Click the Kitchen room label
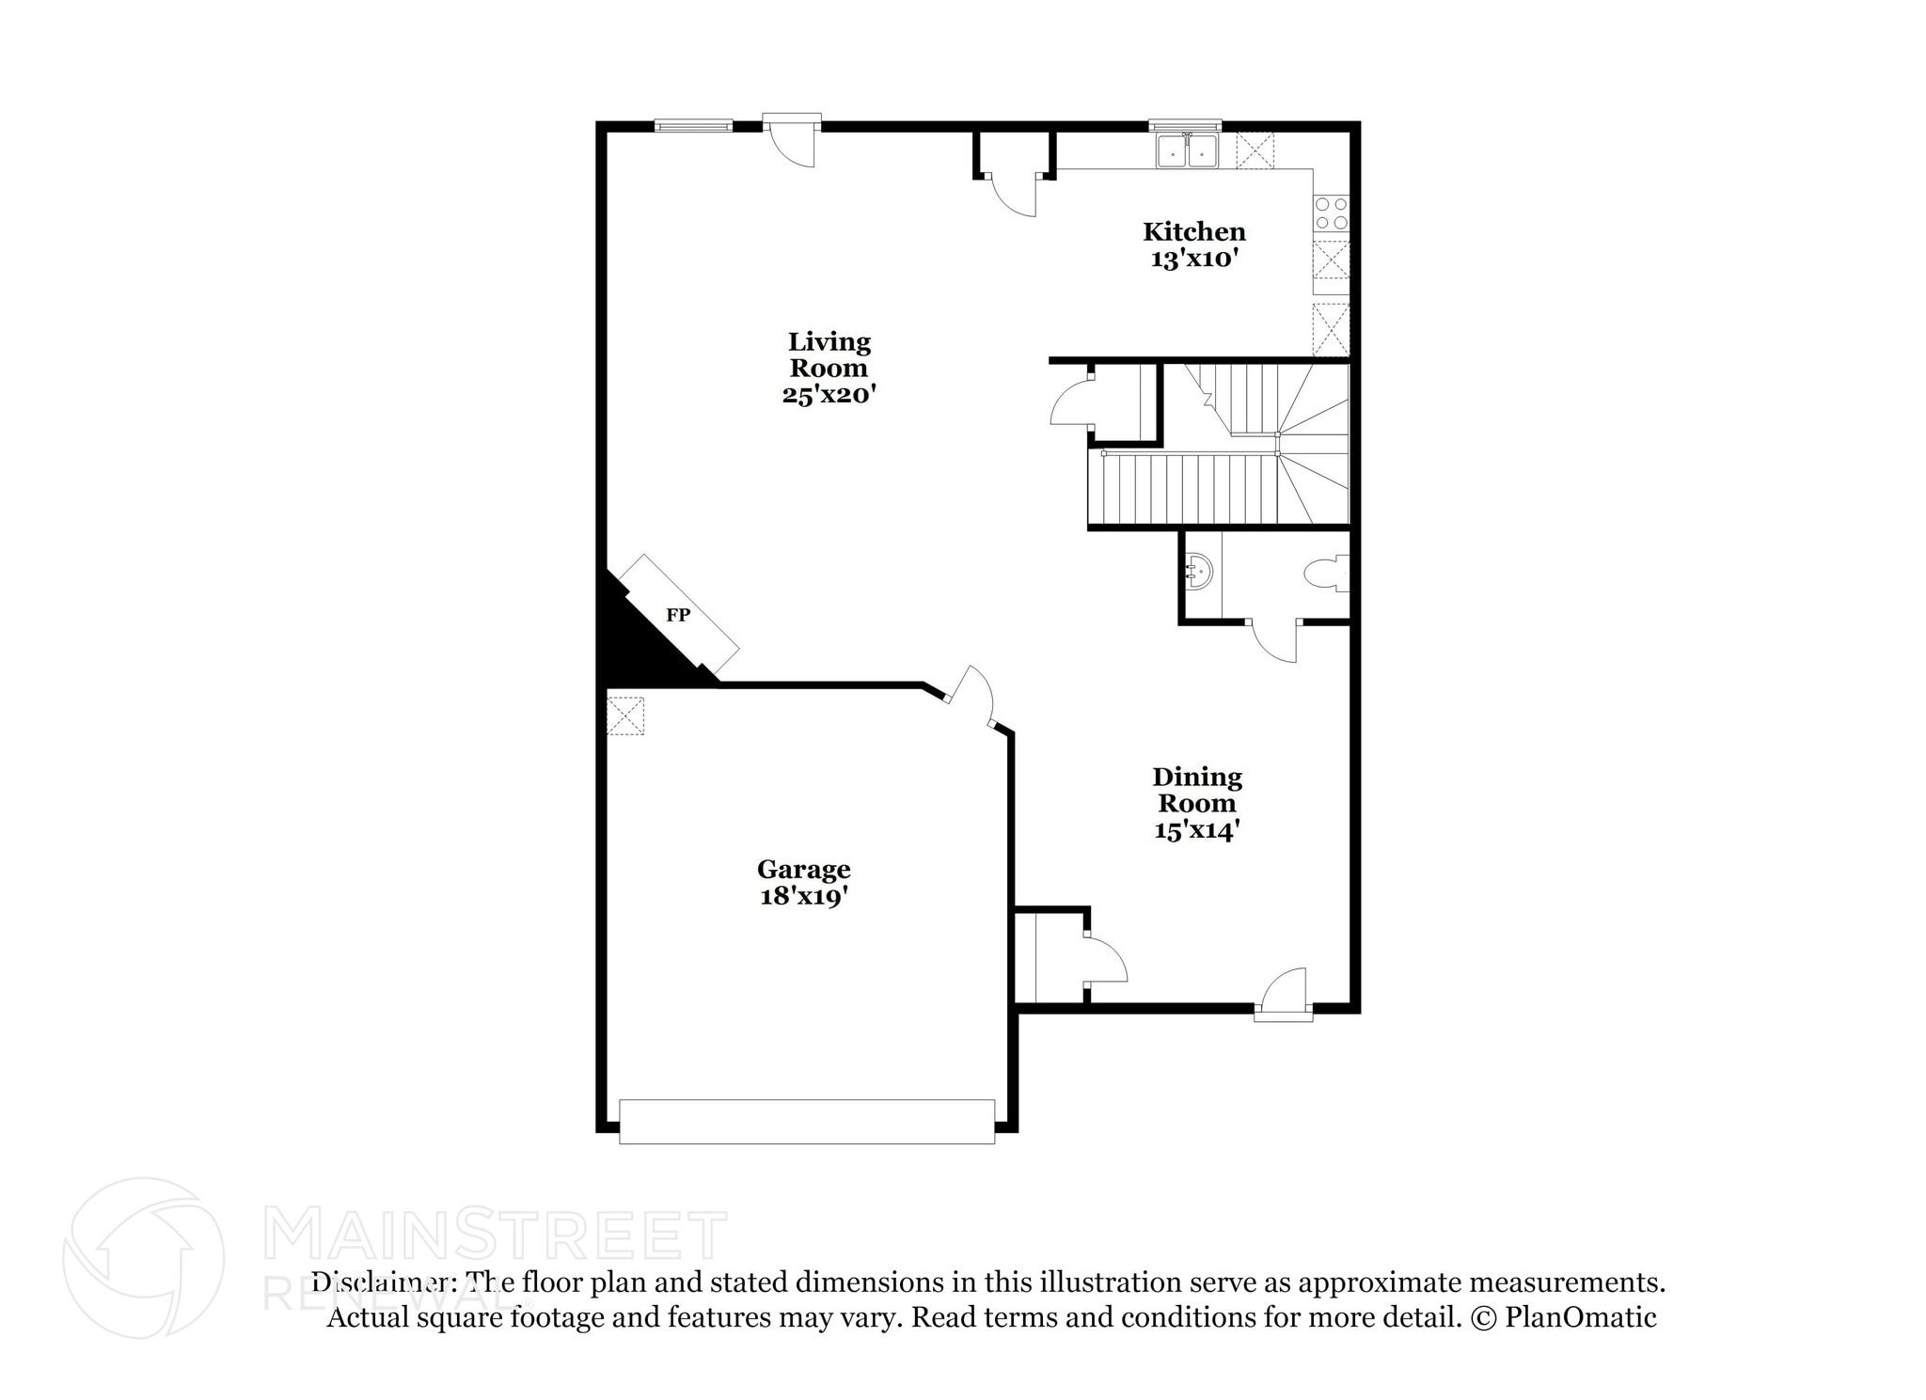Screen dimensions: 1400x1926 [1193, 231]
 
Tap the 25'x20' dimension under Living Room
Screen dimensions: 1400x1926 [829, 395]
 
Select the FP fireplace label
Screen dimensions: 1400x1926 [678, 615]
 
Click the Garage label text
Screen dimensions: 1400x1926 [803, 869]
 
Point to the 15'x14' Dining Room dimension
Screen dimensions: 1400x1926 [1196, 830]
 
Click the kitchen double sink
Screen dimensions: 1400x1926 [1187, 151]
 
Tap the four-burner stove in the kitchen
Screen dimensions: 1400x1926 [1331, 213]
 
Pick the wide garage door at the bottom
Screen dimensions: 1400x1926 [806, 1121]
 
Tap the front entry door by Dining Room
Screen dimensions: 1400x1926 [1284, 995]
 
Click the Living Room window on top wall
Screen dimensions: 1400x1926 [693, 125]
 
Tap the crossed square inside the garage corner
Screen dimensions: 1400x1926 [625, 715]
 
